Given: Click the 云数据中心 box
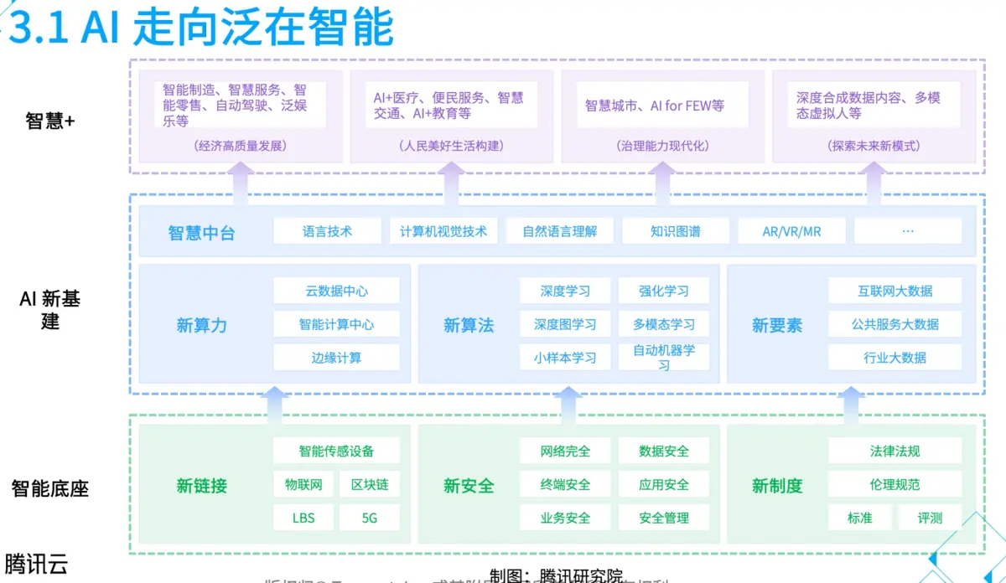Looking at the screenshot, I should [336, 291].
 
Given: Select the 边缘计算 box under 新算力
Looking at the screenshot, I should [336, 358].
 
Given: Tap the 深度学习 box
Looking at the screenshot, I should [565, 291].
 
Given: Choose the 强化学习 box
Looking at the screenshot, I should [664, 291].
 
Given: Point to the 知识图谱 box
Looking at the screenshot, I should [675, 231].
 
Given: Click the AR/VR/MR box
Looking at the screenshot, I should [791, 231].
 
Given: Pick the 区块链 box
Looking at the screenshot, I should [370, 484].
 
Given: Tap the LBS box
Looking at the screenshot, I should [303, 518].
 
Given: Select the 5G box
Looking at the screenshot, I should [370, 518].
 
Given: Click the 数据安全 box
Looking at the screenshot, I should [664, 451].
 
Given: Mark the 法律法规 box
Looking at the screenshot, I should [895, 451].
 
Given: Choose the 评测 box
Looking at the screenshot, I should [930, 518].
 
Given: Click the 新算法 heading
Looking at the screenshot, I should [469, 325].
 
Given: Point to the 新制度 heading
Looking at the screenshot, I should [777, 485].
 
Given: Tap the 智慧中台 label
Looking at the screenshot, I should [201, 232].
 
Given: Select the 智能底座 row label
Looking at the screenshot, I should [50, 488].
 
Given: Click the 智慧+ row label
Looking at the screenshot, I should [50, 121].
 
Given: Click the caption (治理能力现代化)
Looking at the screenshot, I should [663, 146].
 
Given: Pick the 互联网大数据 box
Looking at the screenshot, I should [895, 291].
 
